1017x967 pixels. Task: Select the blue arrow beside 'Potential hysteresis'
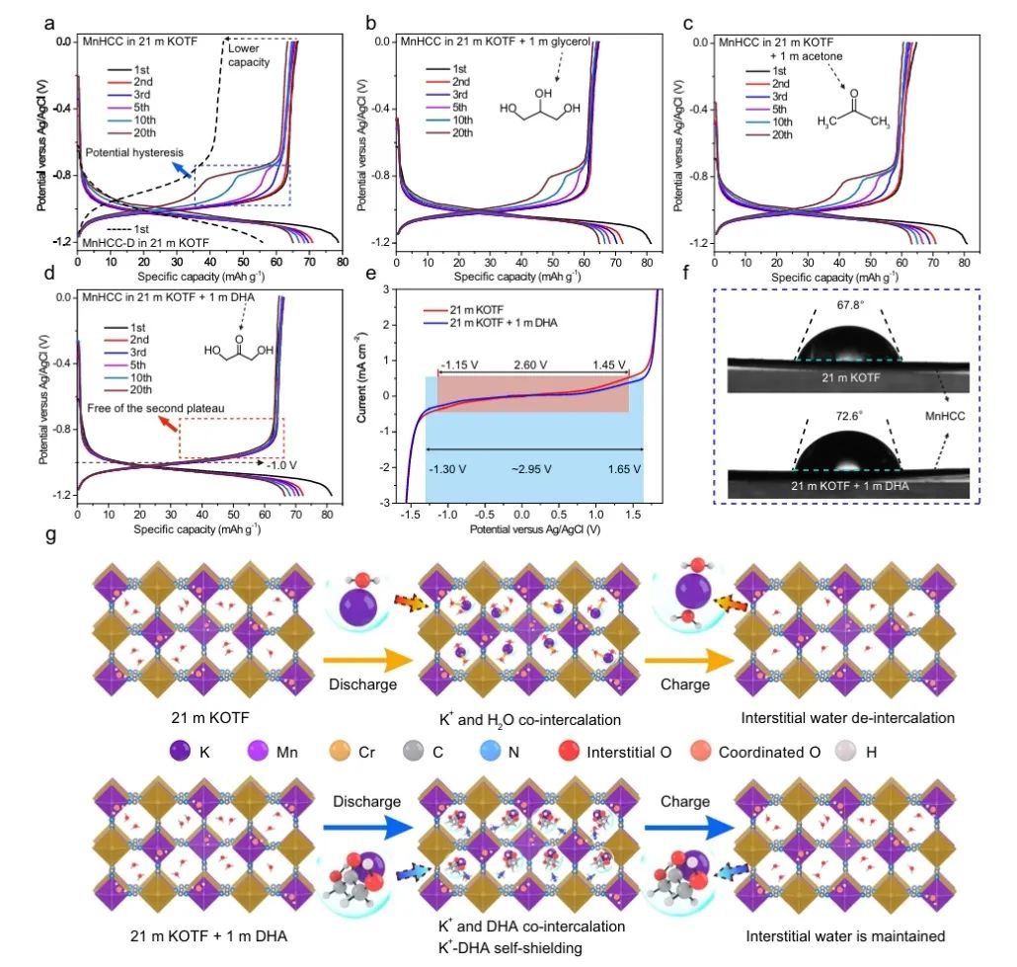(185, 169)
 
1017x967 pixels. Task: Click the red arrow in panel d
(170, 424)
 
